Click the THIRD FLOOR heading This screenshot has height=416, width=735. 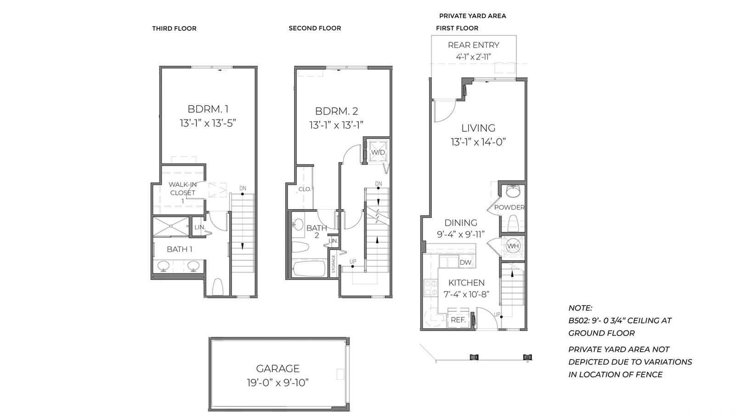click(174, 28)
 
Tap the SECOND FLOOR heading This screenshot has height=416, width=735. click(315, 28)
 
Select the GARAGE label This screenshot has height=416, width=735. click(277, 369)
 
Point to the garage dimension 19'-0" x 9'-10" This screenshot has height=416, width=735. click(278, 383)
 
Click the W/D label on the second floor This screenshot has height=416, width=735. click(378, 152)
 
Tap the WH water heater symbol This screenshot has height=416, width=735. click(513, 246)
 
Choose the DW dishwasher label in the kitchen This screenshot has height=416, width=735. click(465, 262)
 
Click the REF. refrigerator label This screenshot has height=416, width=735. click(458, 320)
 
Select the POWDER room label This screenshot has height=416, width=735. click(509, 207)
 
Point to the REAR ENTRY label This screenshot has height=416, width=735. click(474, 45)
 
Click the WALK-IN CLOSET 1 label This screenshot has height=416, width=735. click(183, 193)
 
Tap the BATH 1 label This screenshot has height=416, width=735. click(180, 249)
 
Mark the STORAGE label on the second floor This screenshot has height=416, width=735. click(334, 264)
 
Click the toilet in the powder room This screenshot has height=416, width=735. click(513, 223)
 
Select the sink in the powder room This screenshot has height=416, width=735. click(513, 192)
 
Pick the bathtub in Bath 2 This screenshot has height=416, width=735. click(309, 269)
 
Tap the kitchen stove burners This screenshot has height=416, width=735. click(430, 288)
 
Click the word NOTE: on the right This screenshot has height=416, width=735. click(580, 308)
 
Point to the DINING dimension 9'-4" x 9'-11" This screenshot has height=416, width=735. click(461, 234)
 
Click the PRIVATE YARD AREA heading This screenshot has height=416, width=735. click(473, 16)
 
